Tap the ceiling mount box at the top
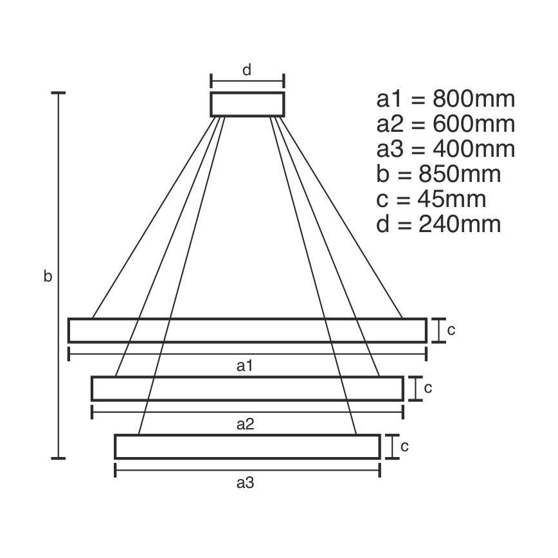(247, 104)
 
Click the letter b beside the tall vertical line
(48, 276)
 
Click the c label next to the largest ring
(451, 330)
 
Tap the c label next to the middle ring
(428, 388)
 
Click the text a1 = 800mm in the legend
(446, 100)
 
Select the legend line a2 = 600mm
(446, 124)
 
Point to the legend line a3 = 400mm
(446, 149)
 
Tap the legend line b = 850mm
(438, 174)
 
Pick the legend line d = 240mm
(438, 224)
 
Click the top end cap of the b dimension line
(59, 94)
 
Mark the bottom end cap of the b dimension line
(59, 458)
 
